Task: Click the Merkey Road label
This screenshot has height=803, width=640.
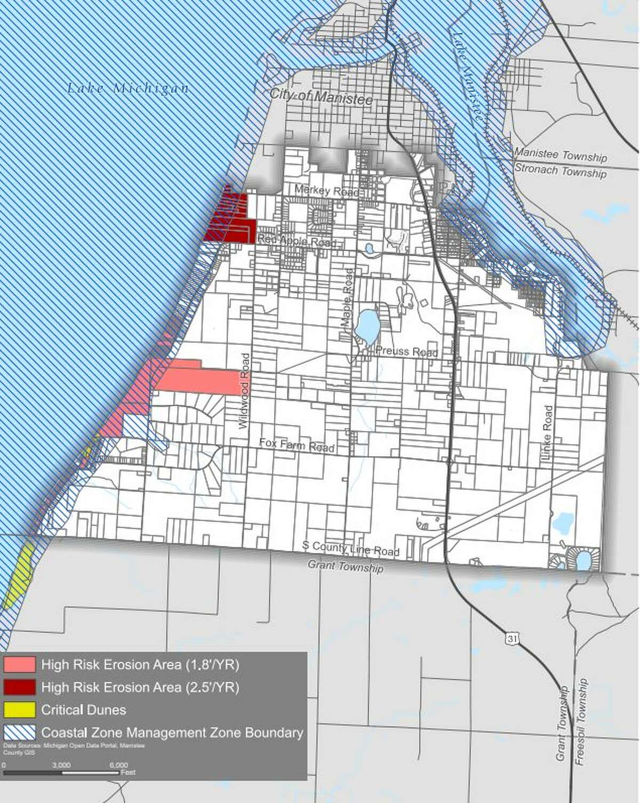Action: pos(326,190)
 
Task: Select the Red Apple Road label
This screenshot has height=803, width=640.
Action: pos(297,241)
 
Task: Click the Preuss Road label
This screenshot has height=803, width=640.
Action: pos(406,351)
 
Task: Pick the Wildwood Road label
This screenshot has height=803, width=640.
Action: pos(245,391)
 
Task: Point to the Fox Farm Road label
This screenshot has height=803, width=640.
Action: pos(297,445)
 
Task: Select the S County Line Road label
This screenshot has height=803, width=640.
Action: pos(350,548)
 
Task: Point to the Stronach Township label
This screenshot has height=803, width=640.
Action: pos(561,172)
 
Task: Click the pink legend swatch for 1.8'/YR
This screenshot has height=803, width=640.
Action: pos(19,664)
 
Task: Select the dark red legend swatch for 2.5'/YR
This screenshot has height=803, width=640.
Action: pos(19,687)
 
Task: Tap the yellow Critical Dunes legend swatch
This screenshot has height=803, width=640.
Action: pos(19,710)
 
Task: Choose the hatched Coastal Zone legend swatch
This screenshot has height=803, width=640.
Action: pos(19,732)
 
